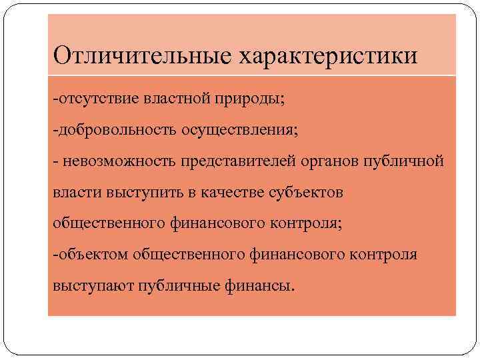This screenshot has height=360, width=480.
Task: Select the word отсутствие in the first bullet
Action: click(x=97, y=99)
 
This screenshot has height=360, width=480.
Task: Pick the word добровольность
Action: click(x=116, y=130)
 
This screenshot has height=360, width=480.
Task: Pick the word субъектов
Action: click(x=305, y=192)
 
